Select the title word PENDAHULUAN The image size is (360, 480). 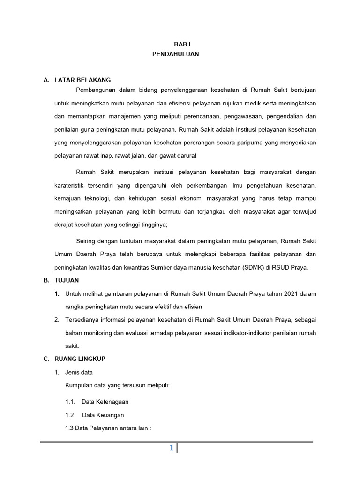pos(176,54)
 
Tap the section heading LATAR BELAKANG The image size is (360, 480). pos(82,80)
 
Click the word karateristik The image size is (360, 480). pos(72,186)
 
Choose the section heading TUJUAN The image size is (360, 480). pos(67,280)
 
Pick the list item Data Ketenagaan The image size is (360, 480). pos(105,402)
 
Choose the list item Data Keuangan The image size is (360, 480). pos(103,415)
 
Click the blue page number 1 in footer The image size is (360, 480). pos(172,449)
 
